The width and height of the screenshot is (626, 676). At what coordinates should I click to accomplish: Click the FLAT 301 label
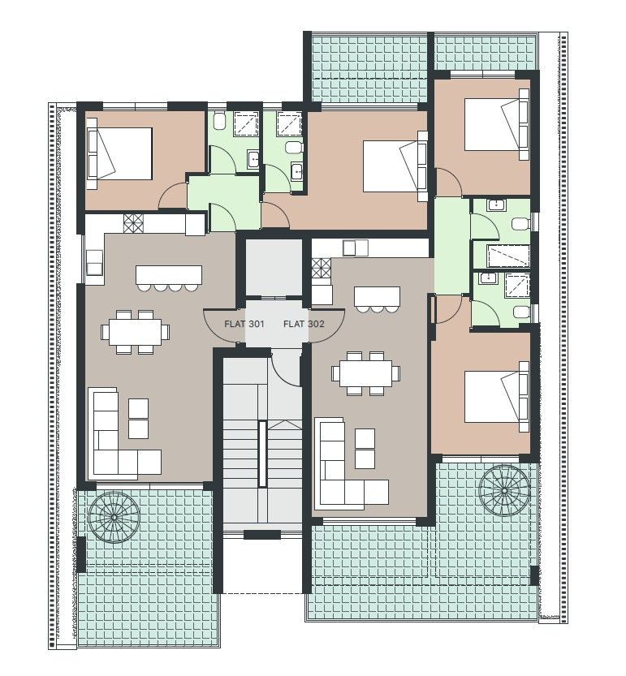pyautogui.click(x=244, y=324)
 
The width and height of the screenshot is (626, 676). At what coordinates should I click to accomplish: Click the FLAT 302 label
pyautogui.click(x=303, y=324)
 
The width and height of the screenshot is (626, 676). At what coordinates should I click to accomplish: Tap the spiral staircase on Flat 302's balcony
pyautogui.click(x=504, y=489)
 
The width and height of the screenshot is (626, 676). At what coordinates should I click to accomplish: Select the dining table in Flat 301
pyautogui.click(x=136, y=331)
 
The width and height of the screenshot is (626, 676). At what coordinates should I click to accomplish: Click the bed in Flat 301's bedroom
pyautogui.click(x=120, y=153)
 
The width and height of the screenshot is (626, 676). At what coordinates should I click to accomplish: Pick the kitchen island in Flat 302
pyautogui.click(x=377, y=295)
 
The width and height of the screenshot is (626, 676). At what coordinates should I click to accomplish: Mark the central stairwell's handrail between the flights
pyautogui.click(x=262, y=454)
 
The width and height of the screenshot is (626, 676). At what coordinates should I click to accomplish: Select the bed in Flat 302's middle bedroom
pyautogui.click(x=394, y=167)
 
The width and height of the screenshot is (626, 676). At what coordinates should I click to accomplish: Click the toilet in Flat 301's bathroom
pyautogui.click(x=218, y=123)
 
